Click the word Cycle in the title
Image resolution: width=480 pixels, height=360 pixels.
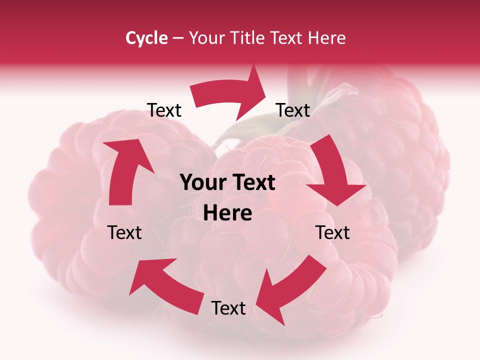point(146,38)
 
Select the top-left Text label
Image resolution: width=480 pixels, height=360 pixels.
point(164,110)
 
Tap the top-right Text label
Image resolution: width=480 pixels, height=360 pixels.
point(293,110)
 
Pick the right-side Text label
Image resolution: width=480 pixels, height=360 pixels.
point(332,232)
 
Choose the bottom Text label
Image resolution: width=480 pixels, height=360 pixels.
point(228,308)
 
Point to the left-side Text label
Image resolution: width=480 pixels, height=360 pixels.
point(124,232)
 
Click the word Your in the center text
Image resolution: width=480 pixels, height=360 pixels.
point(200,183)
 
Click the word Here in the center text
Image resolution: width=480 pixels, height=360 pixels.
point(227,213)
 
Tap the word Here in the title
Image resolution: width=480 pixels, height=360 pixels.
point(325,38)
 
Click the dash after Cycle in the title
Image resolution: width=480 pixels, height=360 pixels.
point(178,38)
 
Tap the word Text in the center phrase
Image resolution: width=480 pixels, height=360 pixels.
point(251,183)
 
